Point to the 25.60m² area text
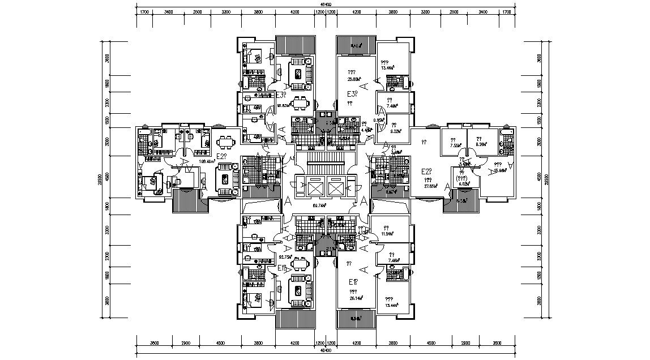coord(354,80)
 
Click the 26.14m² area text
coord(356,298)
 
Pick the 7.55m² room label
coord(455,145)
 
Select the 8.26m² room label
coord(482,145)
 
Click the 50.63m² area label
coord(284,105)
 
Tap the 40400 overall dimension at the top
coord(325,5)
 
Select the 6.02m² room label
coord(465,183)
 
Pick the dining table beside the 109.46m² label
coord(226,140)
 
